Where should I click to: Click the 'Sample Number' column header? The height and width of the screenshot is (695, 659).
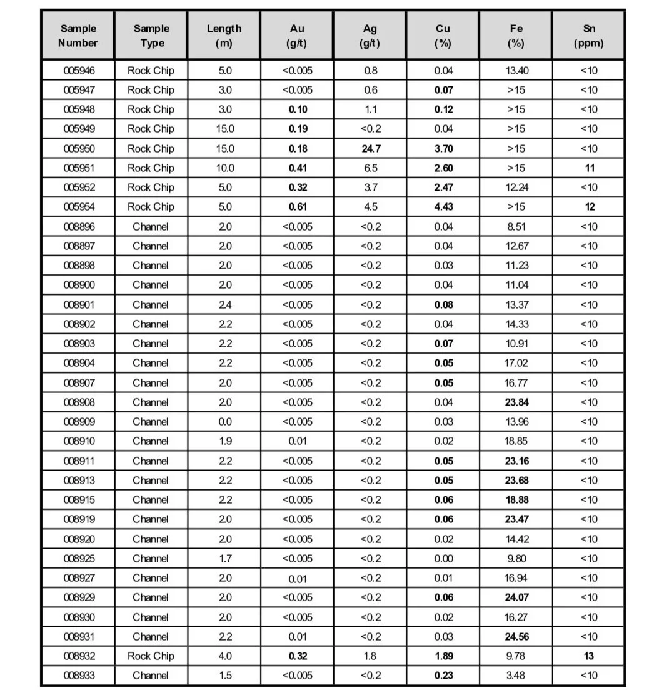click(78, 36)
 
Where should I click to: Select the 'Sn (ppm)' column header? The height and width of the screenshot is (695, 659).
click(588, 36)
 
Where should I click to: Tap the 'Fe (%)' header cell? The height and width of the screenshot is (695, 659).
click(516, 36)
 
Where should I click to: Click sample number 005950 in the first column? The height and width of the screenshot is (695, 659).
click(79, 148)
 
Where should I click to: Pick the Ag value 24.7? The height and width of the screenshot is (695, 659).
click(370, 148)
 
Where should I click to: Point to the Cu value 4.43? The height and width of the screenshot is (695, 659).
click(443, 207)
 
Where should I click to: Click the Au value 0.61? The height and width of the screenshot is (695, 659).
click(298, 207)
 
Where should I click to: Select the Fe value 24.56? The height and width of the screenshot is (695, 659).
click(516, 636)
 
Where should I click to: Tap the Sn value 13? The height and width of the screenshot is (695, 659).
click(589, 656)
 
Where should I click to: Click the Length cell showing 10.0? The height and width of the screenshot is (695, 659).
click(224, 167)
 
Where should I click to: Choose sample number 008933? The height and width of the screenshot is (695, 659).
click(79, 675)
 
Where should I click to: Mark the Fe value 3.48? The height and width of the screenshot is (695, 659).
click(516, 675)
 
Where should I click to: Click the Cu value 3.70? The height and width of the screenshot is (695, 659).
click(443, 148)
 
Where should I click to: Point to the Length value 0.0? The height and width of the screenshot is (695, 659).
click(224, 421)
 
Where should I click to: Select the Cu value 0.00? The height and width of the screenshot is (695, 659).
click(443, 558)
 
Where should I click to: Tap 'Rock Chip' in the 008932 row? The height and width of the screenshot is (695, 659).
click(151, 656)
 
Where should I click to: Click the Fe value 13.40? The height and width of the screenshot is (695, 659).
click(516, 70)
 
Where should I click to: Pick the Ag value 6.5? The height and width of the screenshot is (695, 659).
click(370, 167)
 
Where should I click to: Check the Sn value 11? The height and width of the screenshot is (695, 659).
click(589, 167)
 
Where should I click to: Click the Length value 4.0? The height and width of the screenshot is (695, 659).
click(224, 656)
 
